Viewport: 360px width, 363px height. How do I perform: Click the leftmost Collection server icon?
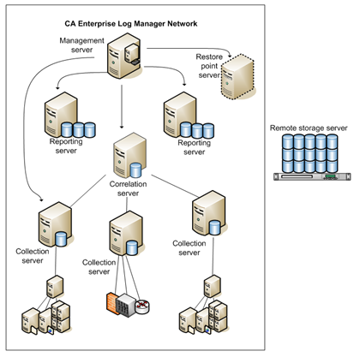(52, 223)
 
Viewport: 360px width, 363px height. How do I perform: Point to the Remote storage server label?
(309, 128)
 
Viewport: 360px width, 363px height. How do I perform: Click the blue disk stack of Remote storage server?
(309, 153)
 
